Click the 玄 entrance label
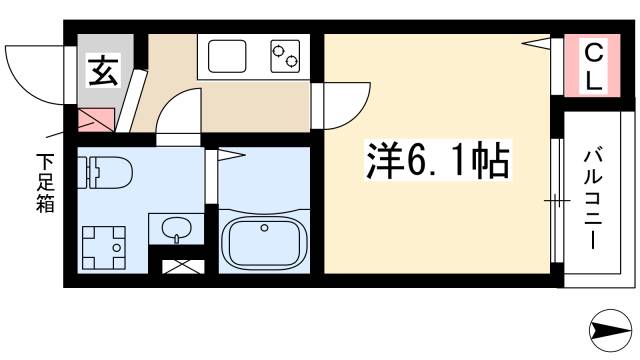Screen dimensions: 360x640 pos(101,72)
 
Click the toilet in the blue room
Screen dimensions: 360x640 pos(105,173)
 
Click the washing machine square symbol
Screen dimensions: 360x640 pos(104,245)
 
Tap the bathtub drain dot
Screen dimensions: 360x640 pos(263,229)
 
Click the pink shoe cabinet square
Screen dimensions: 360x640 pos(98,121)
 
